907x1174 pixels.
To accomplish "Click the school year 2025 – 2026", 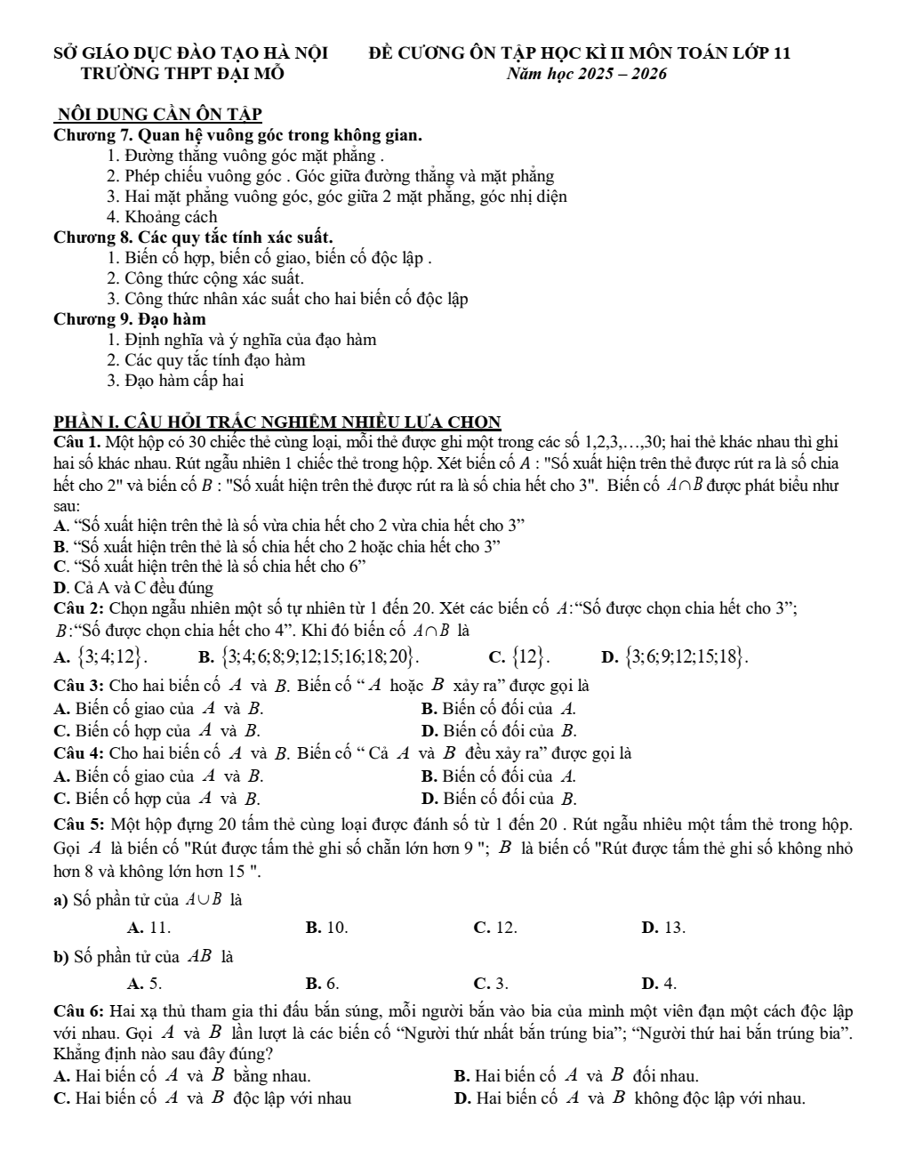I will click(587, 74).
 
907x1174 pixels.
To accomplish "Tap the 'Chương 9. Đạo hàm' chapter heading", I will click(130, 319).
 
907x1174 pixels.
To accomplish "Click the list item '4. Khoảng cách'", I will click(162, 217).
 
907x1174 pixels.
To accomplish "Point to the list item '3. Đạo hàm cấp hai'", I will click(175, 381).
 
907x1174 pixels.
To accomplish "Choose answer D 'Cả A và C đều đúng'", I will click(133, 588).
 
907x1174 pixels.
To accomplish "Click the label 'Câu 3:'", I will click(80, 686).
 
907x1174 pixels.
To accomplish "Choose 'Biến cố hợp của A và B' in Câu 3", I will click(157, 731).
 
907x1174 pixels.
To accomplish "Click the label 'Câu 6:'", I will click(80, 1011).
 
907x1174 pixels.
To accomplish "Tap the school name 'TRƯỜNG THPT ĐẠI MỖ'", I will click(182, 74).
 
